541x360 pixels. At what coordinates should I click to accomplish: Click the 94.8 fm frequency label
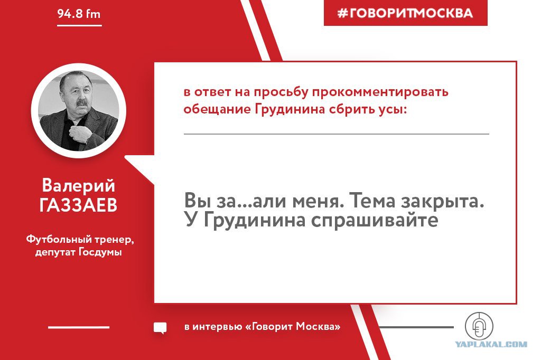click(x=79, y=14)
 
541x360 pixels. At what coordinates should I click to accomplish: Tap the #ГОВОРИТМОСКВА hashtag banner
click(x=405, y=13)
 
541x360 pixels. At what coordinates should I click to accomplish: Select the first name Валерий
click(x=78, y=185)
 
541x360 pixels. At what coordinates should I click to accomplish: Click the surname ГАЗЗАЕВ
click(x=78, y=205)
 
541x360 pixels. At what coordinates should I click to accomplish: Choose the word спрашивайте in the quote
click(x=375, y=220)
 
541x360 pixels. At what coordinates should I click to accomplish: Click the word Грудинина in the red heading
click(x=290, y=109)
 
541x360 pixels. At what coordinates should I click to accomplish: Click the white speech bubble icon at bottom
click(x=160, y=328)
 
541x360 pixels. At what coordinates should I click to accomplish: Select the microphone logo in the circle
click(x=479, y=326)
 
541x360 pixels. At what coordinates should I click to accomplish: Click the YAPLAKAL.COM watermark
click(x=491, y=344)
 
